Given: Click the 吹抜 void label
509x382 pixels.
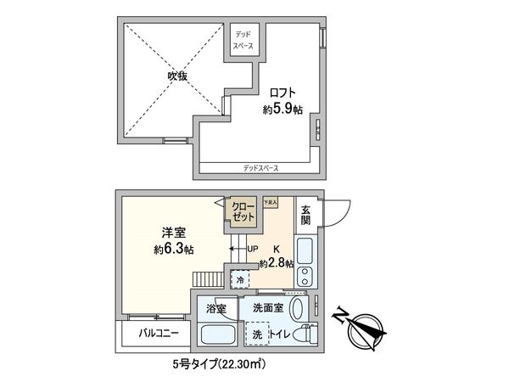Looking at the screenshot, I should click(176, 76).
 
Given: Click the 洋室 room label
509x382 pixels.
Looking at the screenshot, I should click(176, 231).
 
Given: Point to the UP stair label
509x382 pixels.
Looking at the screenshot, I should click(252, 249).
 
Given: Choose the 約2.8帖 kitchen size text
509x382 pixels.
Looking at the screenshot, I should click(276, 265).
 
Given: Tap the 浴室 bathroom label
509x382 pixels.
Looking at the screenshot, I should click(215, 309).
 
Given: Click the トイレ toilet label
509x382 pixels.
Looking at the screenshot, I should click(282, 334).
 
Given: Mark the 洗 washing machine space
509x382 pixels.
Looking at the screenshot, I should click(257, 334).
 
